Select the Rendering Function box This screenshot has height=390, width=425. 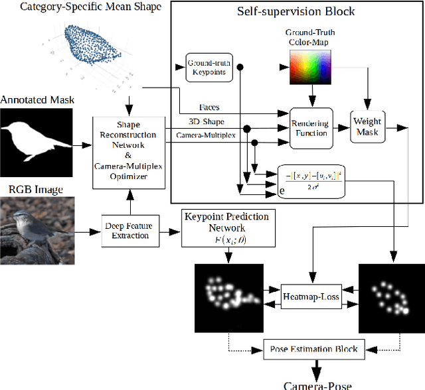(x=310, y=127)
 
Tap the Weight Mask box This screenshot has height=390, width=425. (x=367, y=127)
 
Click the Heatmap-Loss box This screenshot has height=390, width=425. (x=311, y=296)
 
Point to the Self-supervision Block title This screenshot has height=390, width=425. (x=296, y=11)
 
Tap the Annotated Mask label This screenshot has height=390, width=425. (x=38, y=100)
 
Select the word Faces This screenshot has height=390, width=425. (x=210, y=106)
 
